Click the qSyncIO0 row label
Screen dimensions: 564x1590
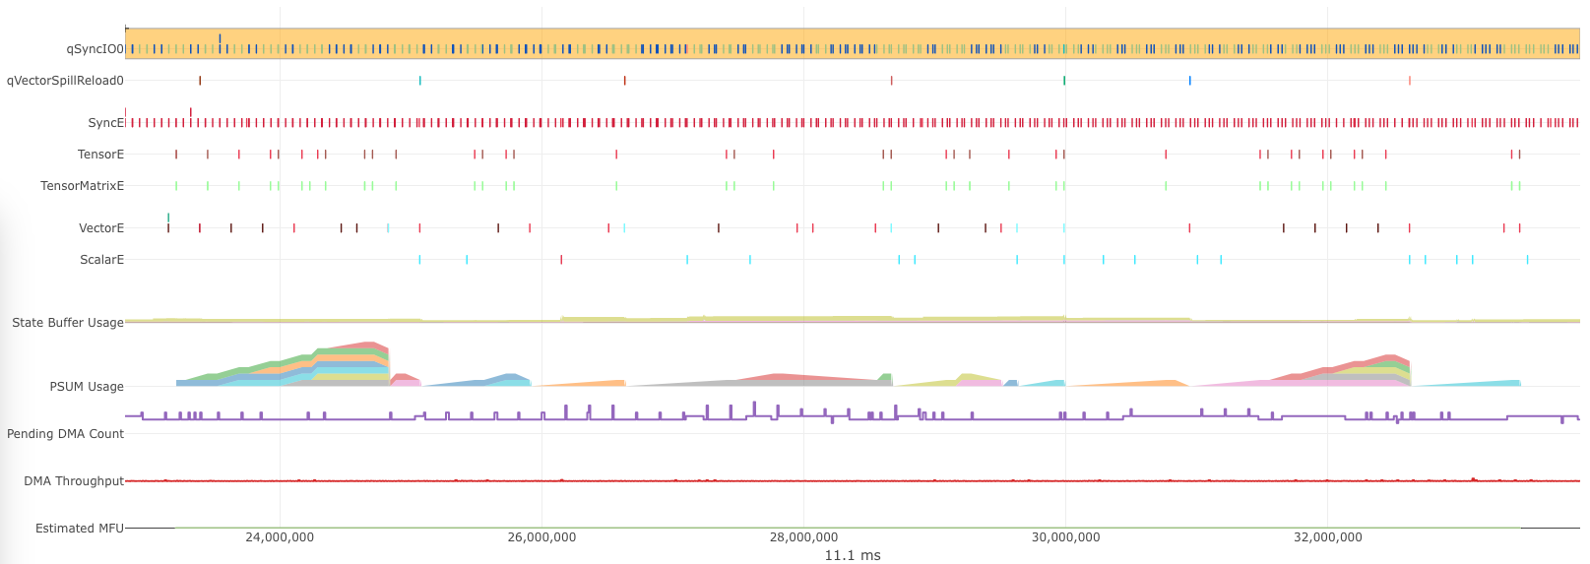pyautogui.click(x=95, y=49)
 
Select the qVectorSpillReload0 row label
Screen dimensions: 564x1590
pyautogui.click(x=65, y=81)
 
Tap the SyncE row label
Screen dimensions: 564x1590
pyautogui.click(x=105, y=123)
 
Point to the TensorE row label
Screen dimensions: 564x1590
pyautogui.click(x=100, y=155)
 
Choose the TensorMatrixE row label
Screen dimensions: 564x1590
pyautogui.click(x=82, y=186)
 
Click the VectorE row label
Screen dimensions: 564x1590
pyautogui.click(x=100, y=228)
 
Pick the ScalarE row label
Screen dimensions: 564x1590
pyautogui.click(x=101, y=260)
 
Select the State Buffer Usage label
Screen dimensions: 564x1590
pyautogui.click(x=67, y=323)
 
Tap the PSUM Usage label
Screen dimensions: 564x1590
pyautogui.click(x=87, y=387)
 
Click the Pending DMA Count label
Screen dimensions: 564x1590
pyautogui.click(x=65, y=434)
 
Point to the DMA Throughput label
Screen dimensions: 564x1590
pyautogui.click(x=74, y=481)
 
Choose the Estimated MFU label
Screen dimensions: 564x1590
pyautogui.click(x=80, y=529)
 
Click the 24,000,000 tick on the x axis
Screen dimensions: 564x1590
pyautogui.click(x=280, y=537)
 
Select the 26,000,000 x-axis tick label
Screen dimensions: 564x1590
pyautogui.click(x=541, y=537)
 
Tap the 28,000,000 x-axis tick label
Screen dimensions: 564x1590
pyautogui.click(x=803, y=537)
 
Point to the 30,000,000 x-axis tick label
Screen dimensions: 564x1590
pyautogui.click(x=1065, y=537)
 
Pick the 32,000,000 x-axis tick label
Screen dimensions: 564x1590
pyautogui.click(x=1327, y=537)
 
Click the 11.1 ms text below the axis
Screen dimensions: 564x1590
pyautogui.click(x=852, y=555)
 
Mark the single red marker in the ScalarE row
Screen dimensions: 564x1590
pyautogui.click(x=561, y=260)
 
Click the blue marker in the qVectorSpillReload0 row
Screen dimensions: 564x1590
pyautogui.click(x=1189, y=81)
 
